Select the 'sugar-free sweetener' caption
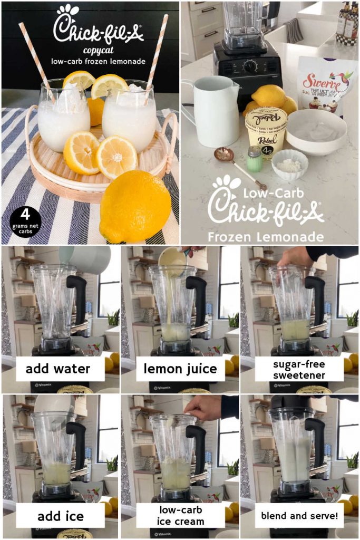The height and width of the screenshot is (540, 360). tap(299, 369)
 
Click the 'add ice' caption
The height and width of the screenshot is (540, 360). tap(60, 515)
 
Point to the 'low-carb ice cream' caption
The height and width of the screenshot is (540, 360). tap(180, 515)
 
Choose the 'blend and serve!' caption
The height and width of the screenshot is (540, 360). tap(299, 515)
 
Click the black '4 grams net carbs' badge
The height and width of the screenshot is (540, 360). tap(25, 221)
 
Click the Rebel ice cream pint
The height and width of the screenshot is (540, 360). tap(266, 132)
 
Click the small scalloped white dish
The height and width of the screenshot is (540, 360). tap(289, 163)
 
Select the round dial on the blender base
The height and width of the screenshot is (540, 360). tap(249, 66)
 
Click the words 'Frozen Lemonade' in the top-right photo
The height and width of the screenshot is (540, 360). tap(266, 236)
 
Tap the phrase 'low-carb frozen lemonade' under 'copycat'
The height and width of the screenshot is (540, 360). tap(98, 61)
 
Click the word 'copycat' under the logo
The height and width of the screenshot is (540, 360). tap(98, 51)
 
